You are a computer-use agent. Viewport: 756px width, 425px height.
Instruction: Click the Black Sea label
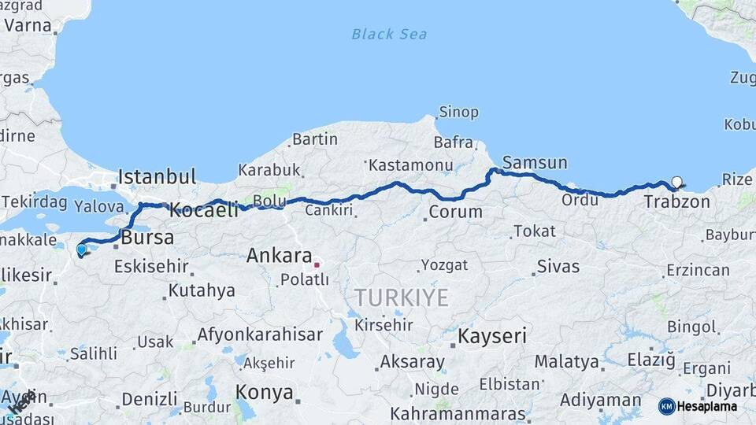point(389,34)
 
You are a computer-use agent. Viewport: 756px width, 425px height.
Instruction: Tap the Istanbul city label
point(157,175)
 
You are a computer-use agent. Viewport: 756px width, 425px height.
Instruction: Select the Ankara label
point(280,256)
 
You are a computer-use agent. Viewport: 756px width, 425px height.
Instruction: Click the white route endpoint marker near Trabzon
point(676,183)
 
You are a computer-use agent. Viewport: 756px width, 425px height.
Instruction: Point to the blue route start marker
point(81,249)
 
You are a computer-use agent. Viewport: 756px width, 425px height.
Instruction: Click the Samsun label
point(535,163)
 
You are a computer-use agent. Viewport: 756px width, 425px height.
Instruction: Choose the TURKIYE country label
point(401,298)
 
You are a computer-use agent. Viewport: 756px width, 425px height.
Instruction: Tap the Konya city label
point(265,392)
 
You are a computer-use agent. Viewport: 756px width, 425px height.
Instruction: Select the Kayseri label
point(492,337)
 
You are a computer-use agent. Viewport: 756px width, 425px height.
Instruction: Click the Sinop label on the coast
point(458,113)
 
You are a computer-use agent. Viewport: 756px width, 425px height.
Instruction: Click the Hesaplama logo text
point(707,406)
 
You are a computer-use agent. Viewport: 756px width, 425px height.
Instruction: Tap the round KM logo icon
point(666,406)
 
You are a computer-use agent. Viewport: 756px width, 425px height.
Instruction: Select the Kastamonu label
point(411,165)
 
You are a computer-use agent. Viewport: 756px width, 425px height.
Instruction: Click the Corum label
point(455,212)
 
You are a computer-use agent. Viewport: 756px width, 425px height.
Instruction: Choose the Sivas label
point(558,266)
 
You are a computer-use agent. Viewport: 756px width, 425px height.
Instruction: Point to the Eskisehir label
point(151,266)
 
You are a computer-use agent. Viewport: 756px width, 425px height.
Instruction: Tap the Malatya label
point(567,362)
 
